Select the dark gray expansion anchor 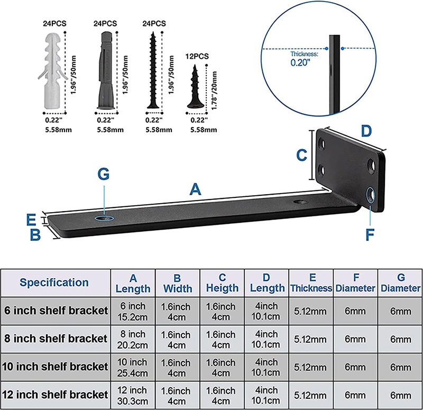coord(106,69)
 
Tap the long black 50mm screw coord(154,69)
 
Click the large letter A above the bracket coord(196,189)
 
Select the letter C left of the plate coord(301,156)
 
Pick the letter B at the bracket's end coord(35,234)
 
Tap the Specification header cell coord(54,283)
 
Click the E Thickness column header coord(311,283)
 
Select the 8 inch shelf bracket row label coord(54,338)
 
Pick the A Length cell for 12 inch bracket coord(133,394)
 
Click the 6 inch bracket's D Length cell coord(266,311)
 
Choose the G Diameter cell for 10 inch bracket coord(400,366)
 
